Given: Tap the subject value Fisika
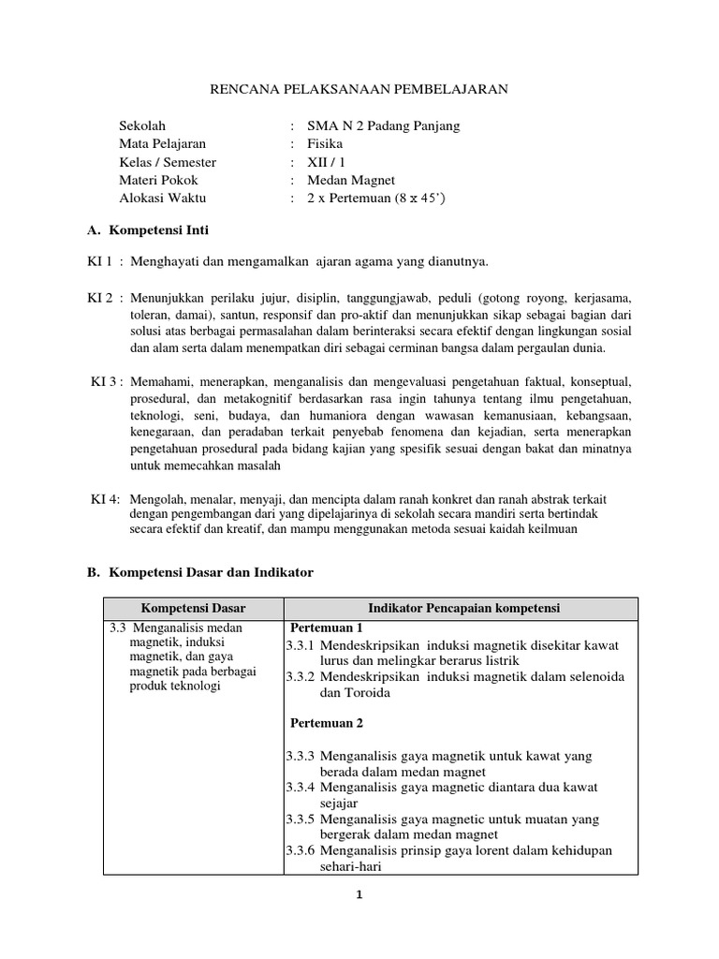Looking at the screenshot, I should tap(325, 144).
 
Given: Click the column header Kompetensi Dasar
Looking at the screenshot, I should tap(193, 609).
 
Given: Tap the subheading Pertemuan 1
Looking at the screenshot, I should tap(326, 627).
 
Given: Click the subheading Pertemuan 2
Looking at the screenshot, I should tap(326, 723).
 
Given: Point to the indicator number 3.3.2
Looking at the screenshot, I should tap(301, 676).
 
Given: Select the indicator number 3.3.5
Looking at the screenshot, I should tap(301, 819).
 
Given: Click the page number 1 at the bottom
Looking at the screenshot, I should tap(358, 894).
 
